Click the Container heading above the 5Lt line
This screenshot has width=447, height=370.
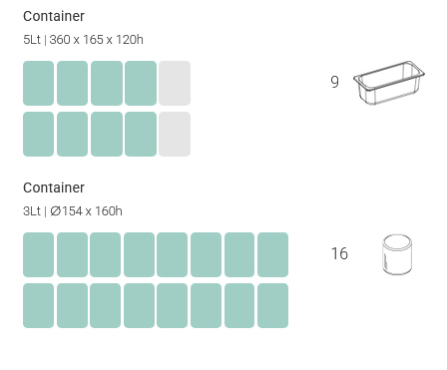pyautogui.click(x=54, y=16)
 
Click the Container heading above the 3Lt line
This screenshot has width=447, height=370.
pyautogui.click(x=54, y=187)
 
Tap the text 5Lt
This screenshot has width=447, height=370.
pyautogui.click(x=32, y=40)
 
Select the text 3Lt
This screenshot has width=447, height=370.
pyautogui.click(x=32, y=211)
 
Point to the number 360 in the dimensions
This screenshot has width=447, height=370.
pyautogui.click(x=60, y=40)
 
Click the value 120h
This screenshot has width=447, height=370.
pyautogui.click(x=130, y=40)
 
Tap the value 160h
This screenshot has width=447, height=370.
pyautogui.click(x=109, y=211)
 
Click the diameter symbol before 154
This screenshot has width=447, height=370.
pyautogui.click(x=56, y=211)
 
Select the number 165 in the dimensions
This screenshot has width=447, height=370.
pyautogui.click(x=93, y=40)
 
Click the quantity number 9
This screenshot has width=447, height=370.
pyautogui.click(x=335, y=82)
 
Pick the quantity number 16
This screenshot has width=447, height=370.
pyautogui.click(x=339, y=253)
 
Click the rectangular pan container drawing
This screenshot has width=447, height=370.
pyautogui.click(x=389, y=83)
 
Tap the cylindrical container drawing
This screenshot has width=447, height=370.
pyautogui.click(x=397, y=254)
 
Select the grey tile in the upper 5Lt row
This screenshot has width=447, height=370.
pyautogui.click(x=175, y=83)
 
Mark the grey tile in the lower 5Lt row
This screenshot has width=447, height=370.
pyautogui.click(x=175, y=134)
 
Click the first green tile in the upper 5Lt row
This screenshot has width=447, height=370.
pyautogui.click(x=38, y=83)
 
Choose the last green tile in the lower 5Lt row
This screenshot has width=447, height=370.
pyautogui.click(x=141, y=134)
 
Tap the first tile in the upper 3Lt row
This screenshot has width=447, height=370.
pyautogui.click(x=38, y=254)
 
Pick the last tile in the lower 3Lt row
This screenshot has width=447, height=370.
pyautogui.click(x=272, y=305)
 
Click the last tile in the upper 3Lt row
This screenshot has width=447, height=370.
pyautogui.click(x=272, y=254)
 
